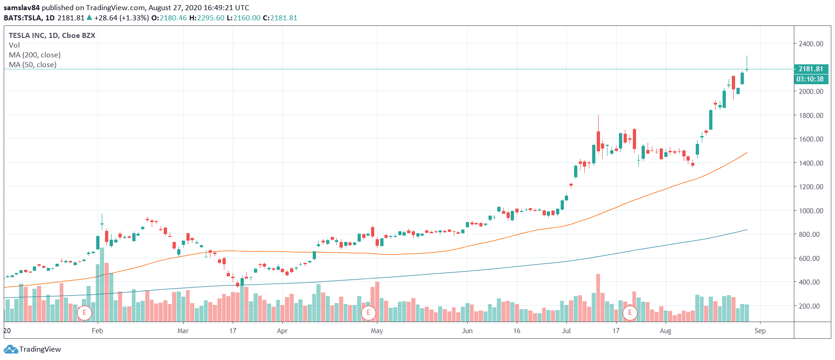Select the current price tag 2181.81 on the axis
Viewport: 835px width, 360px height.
pyautogui.click(x=810, y=69)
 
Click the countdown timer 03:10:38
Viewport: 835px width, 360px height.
pyautogui.click(x=810, y=79)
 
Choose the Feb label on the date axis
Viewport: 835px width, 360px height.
pyautogui.click(x=97, y=331)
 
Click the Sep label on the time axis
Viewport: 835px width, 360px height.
pyautogui.click(x=760, y=331)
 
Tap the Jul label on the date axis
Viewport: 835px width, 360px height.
pyautogui.click(x=566, y=331)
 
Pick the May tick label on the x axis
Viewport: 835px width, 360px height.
pyautogui.click(x=377, y=331)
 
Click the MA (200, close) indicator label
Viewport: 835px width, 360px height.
pyautogui.click(x=35, y=55)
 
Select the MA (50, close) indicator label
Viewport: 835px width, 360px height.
pyautogui.click(x=33, y=65)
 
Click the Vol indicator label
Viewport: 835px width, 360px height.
pyautogui.click(x=14, y=45)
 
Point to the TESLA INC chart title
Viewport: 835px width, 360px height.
pyautogui.click(x=52, y=36)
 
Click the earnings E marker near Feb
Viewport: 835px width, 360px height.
pyautogui.click(x=84, y=313)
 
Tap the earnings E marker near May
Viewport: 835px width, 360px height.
pyautogui.click(x=368, y=313)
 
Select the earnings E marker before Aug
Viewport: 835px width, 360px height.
pyautogui.click(x=630, y=313)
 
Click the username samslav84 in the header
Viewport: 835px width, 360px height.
pyautogui.click(x=21, y=8)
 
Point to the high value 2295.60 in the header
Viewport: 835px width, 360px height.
pyautogui.click(x=210, y=18)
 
